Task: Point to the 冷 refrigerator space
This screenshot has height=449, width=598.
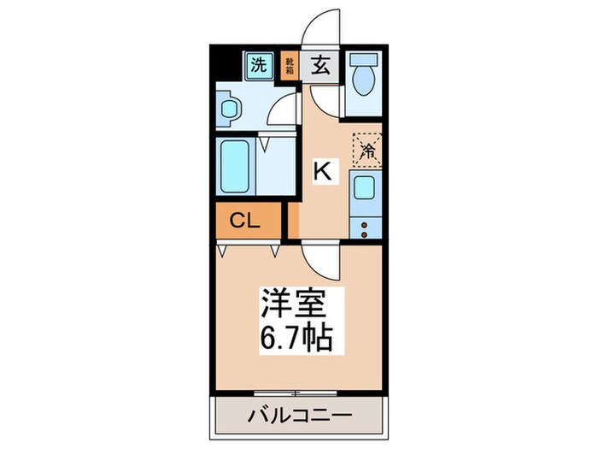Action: point(367,151)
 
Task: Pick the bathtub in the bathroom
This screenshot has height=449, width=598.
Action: point(233,167)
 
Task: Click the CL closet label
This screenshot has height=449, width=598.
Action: point(247,222)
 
